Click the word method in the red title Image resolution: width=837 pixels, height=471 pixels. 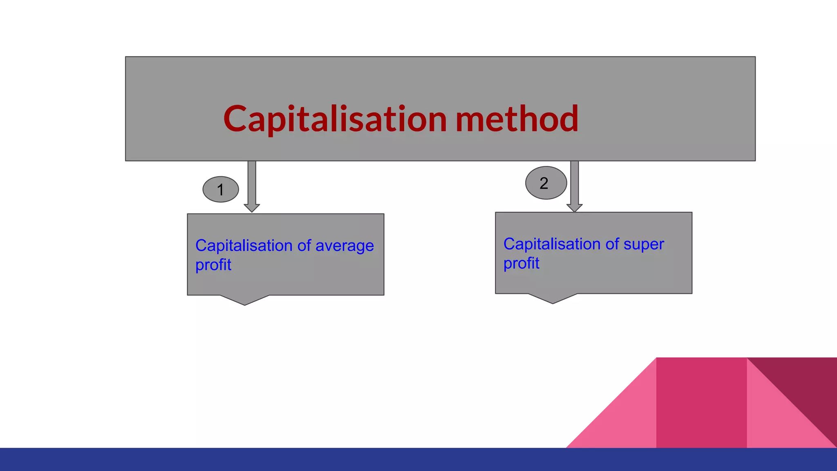517,119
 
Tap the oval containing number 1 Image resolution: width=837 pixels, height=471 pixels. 221,189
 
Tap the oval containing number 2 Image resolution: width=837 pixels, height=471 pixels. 546,183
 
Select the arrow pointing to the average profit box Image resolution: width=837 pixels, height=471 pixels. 252,186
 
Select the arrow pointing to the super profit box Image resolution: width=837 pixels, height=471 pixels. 574,186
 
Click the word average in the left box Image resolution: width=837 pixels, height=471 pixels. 345,246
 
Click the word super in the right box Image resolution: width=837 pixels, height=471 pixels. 644,244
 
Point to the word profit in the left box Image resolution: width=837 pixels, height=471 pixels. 213,265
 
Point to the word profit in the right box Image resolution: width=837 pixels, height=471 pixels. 521,263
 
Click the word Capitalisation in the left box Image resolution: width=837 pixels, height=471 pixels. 244,246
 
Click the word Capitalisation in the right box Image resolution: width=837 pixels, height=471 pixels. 552,244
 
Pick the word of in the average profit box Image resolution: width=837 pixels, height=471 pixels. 304,246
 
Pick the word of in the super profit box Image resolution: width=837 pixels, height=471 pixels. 612,244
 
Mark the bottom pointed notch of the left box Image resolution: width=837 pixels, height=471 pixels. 245,301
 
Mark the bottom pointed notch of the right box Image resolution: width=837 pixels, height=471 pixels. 553,299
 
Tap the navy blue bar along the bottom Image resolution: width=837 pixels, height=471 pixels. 418,460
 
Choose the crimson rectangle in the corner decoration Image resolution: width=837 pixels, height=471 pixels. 701,403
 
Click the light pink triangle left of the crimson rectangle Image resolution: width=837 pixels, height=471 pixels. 625,421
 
